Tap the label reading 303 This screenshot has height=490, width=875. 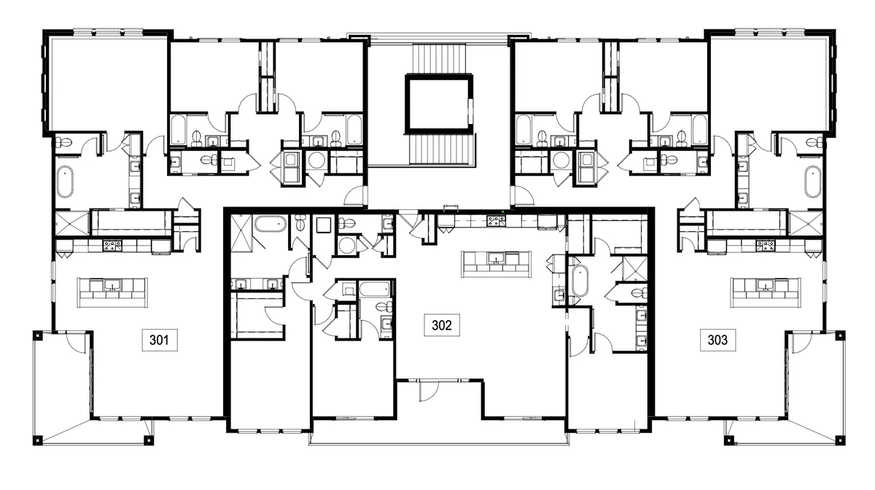pyautogui.click(x=717, y=339)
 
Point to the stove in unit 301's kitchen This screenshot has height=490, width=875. pyautogui.click(x=112, y=245)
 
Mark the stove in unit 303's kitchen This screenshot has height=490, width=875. pyautogui.click(x=765, y=245)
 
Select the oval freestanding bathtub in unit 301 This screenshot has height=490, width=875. pyautogui.click(x=65, y=182)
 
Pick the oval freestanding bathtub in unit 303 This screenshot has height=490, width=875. pyautogui.click(x=812, y=182)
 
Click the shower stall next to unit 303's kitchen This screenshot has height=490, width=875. pyautogui.click(x=804, y=222)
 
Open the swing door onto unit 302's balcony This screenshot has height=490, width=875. pyautogui.click(x=427, y=391)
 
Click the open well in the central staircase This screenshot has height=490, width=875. pyautogui.click(x=437, y=104)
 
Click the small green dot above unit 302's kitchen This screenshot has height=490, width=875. pyautogui.click(x=504, y=212)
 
